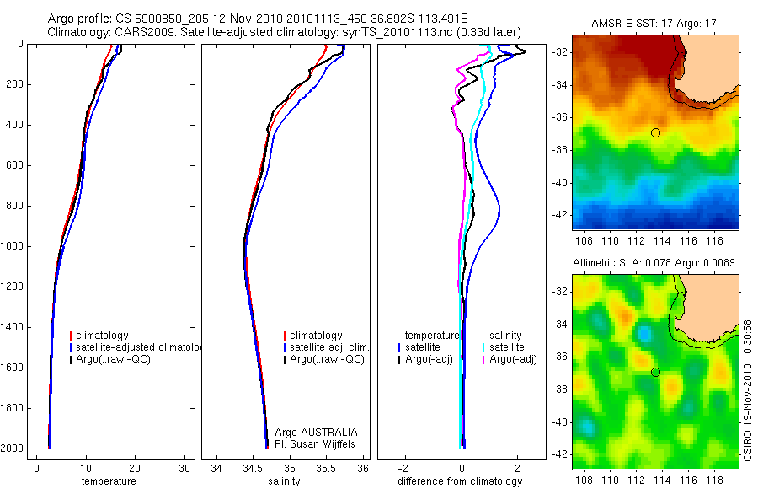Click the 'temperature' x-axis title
point(109,481)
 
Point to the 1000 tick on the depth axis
point(13,246)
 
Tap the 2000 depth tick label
point(13,449)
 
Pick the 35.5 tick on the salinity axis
point(327,469)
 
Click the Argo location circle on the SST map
point(655,132)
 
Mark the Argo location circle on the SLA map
point(655,372)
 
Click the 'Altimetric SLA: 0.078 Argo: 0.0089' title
point(655,263)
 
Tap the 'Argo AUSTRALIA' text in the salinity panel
point(310,432)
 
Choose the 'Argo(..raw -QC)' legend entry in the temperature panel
point(116,359)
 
